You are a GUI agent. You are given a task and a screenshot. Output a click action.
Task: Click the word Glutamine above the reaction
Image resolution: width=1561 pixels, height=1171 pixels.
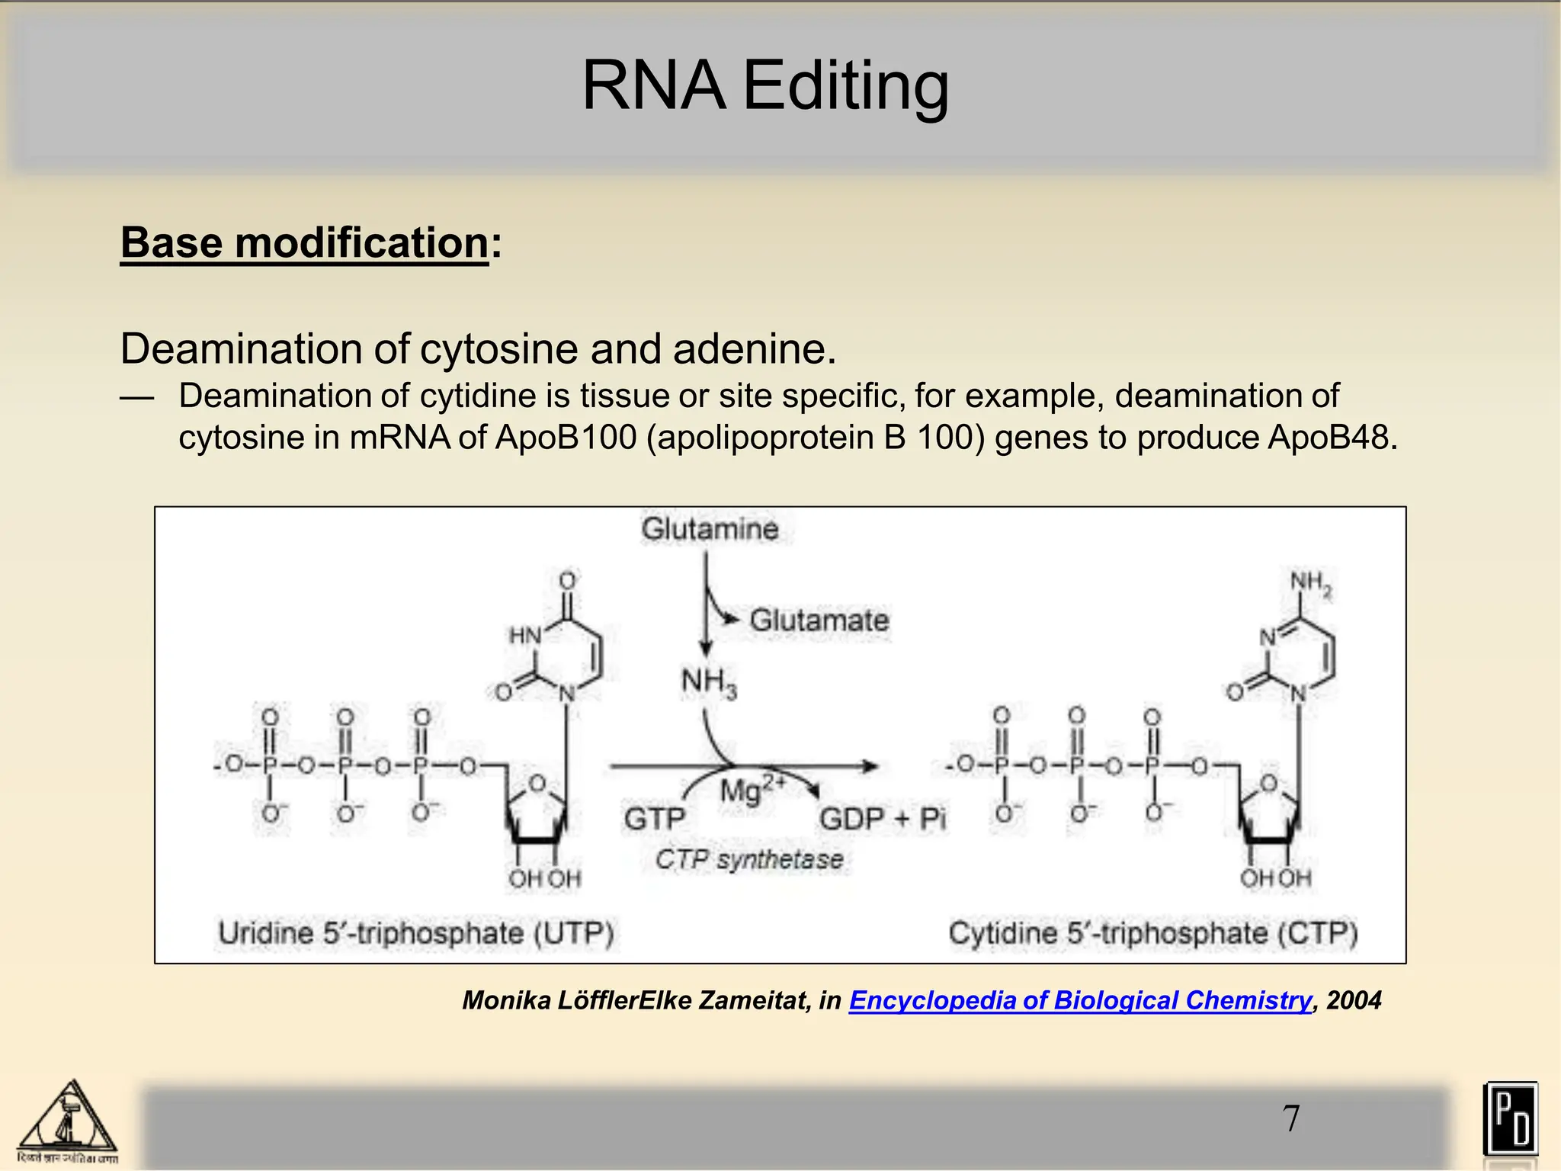(x=710, y=529)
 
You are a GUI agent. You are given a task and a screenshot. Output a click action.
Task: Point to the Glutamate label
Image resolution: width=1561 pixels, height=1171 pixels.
(x=819, y=620)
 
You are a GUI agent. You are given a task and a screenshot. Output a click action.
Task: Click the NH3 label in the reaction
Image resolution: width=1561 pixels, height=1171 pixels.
(x=708, y=682)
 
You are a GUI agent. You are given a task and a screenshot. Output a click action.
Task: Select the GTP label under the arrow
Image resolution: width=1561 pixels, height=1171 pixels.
(x=654, y=820)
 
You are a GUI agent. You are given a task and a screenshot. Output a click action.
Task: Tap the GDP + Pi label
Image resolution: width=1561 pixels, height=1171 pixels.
(x=882, y=820)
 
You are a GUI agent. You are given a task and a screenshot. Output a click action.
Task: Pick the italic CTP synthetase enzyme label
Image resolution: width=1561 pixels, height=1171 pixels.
(x=749, y=860)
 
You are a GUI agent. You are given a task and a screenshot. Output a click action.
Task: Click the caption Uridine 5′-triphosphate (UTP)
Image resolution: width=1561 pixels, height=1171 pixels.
(x=416, y=933)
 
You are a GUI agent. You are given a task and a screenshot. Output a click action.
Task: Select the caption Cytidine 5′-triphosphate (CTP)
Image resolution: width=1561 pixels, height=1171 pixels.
(x=1152, y=933)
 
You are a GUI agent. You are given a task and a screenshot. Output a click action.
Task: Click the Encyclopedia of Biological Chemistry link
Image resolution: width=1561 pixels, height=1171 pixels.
(x=1080, y=1000)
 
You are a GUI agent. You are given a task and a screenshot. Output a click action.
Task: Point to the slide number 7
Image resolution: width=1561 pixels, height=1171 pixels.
(x=1291, y=1118)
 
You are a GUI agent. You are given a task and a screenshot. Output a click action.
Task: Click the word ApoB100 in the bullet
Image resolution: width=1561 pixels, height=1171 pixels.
(x=566, y=438)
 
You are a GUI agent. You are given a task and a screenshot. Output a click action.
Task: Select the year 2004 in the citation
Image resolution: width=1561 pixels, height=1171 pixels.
(x=1353, y=1000)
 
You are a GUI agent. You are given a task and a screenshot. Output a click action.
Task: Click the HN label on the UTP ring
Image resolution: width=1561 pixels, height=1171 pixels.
(x=524, y=635)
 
